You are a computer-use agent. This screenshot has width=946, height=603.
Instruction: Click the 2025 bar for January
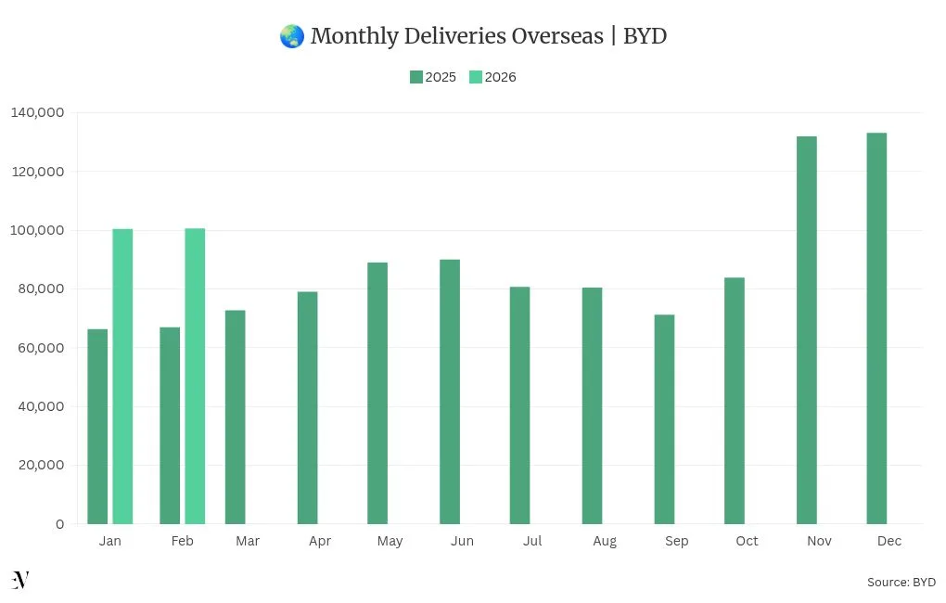(x=97, y=427)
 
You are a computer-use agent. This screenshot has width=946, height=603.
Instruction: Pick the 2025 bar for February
(x=170, y=426)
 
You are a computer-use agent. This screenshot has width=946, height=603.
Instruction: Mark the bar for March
(x=236, y=417)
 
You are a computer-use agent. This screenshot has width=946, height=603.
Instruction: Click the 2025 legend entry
(x=433, y=77)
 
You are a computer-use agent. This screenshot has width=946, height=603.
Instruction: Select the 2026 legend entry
(x=492, y=77)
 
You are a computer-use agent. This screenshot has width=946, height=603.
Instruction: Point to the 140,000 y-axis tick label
(x=37, y=112)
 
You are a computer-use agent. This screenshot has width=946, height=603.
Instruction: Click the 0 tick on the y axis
(x=59, y=524)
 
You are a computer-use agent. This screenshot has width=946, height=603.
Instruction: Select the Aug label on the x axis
(x=604, y=541)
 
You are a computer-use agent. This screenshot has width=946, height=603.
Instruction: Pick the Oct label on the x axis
(x=747, y=541)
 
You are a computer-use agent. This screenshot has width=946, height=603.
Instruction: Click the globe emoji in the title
(x=291, y=36)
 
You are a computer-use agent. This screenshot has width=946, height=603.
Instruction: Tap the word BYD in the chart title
(x=645, y=36)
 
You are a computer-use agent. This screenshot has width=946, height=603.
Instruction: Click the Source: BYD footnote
(x=901, y=582)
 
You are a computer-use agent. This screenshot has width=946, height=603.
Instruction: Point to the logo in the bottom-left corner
(x=20, y=580)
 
